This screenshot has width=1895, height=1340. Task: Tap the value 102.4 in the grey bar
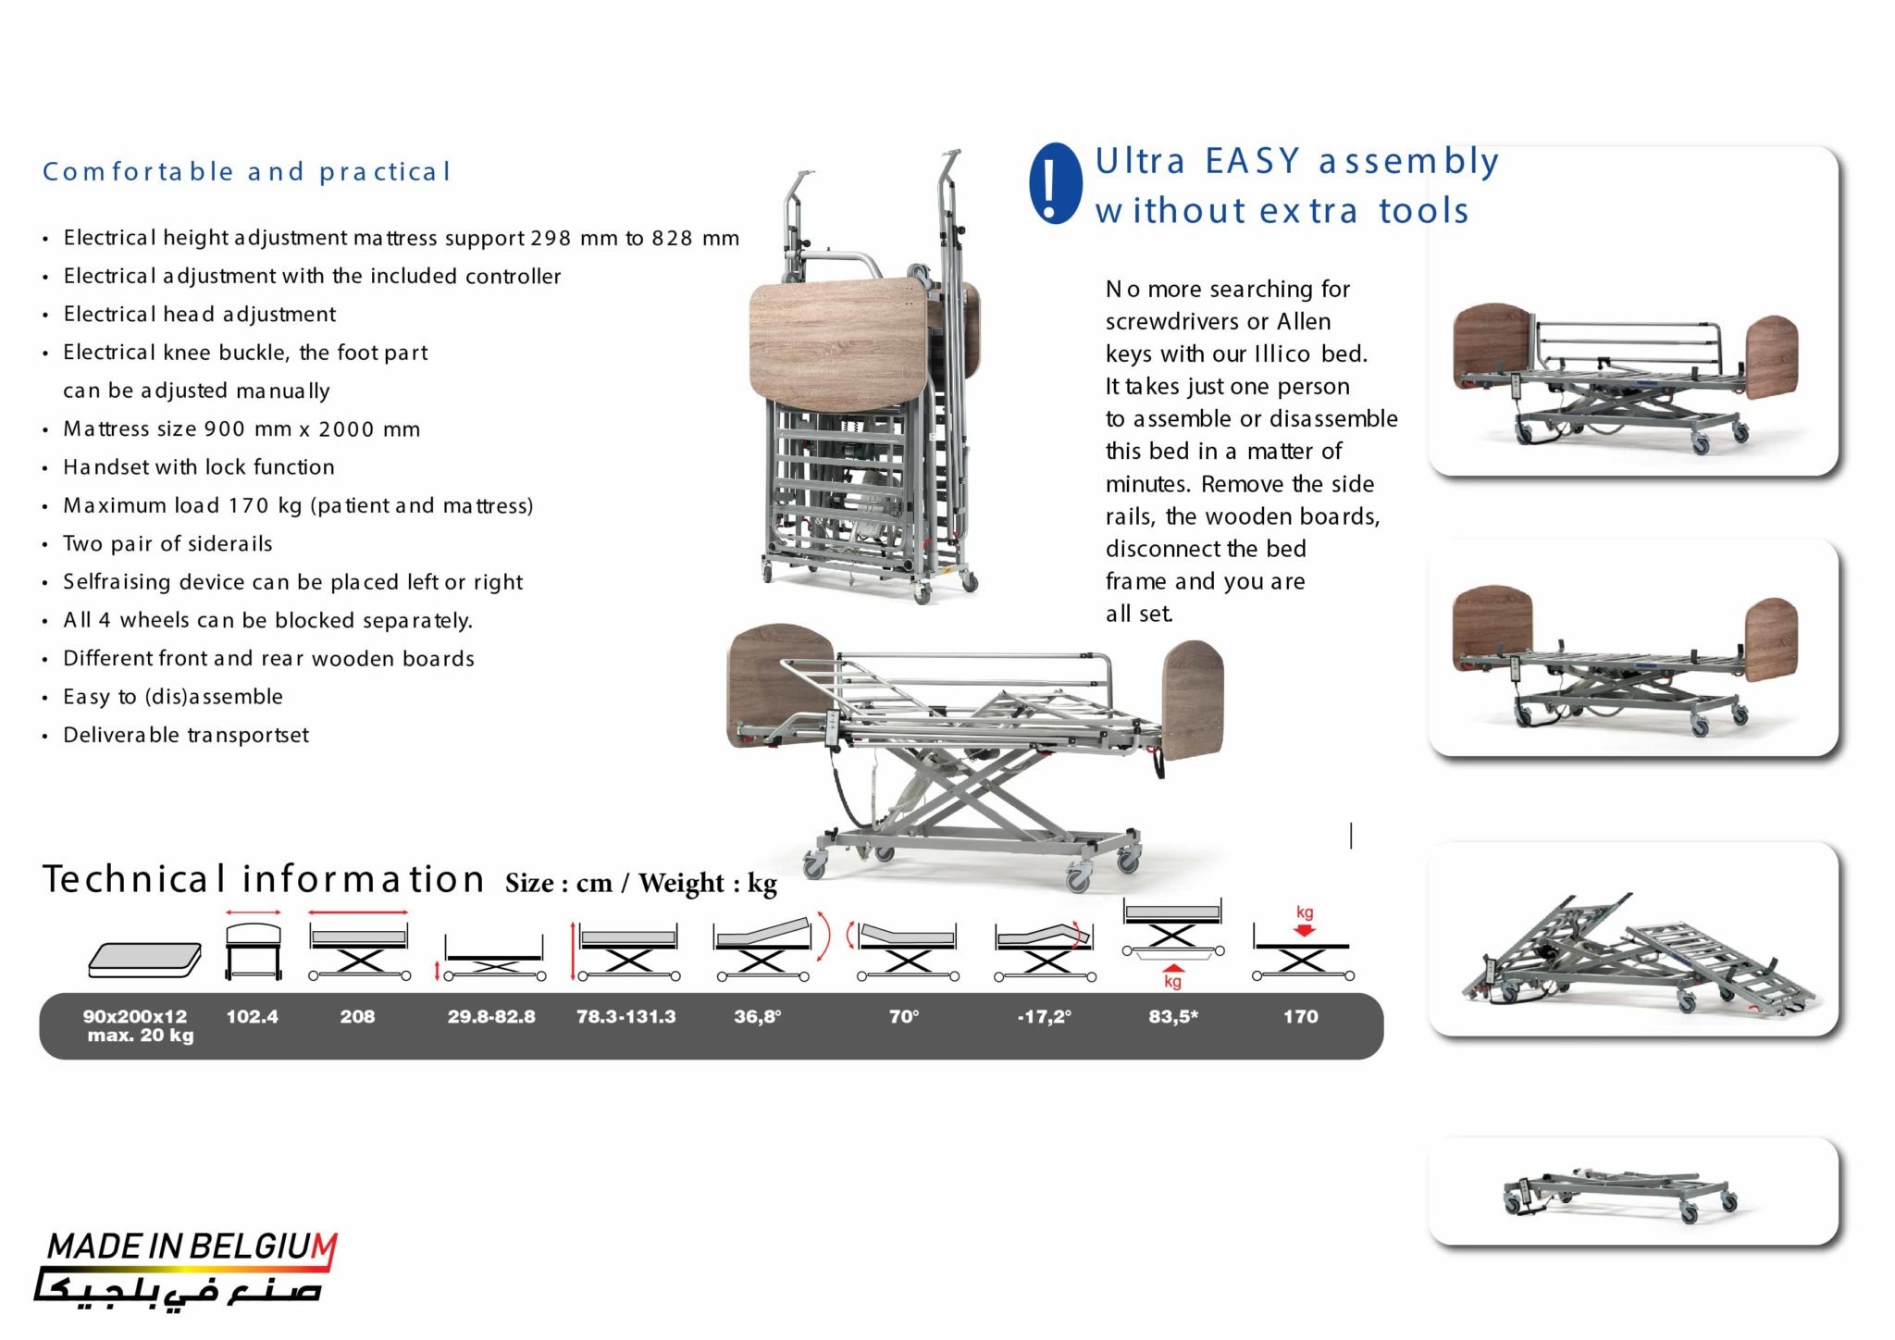[x=252, y=1016]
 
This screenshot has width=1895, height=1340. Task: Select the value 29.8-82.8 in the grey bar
[x=491, y=1016]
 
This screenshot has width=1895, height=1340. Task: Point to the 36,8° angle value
[x=758, y=1016]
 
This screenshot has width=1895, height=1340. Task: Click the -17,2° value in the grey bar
[x=1044, y=1016]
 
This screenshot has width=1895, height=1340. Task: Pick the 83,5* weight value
[x=1173, y=1016]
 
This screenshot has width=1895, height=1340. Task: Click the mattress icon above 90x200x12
[x=145, y=960]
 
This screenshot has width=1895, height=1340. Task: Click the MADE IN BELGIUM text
[x=191, y=1247]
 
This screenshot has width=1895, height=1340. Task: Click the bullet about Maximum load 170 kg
[x=298, y=506]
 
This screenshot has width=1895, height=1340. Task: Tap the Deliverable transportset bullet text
[x=186, y=736]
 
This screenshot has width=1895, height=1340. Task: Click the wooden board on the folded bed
[x=837, y=338]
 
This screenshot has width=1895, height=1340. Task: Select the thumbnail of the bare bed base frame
[x=1633, y=1191]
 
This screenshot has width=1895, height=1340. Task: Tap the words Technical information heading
[x=264, y=879]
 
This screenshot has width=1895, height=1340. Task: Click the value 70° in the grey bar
[x=904, y=1016]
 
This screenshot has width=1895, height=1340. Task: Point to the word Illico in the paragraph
[x=1282, y=354]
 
